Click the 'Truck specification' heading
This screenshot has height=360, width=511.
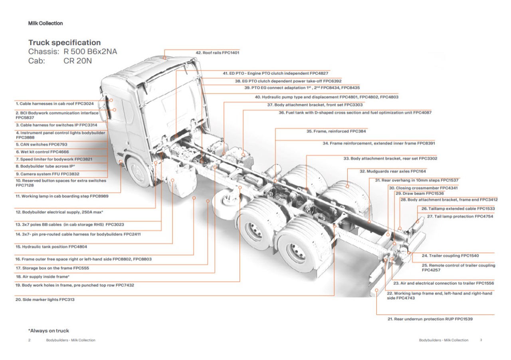[x=64, y=42]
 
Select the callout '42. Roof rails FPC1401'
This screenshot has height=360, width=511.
[x=217, y=52]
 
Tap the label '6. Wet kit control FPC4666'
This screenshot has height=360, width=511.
[x=42, y=152]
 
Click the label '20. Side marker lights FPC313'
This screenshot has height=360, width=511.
[x=45, y=299]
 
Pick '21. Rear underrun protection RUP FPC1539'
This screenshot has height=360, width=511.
[x=430, y=319]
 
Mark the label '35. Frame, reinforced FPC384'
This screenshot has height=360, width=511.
[x=336, y=131]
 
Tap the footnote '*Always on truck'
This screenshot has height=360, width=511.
[x=48, y=331]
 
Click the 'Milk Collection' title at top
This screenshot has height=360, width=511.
[x=46, y=23]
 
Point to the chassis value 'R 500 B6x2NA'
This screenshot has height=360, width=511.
[x=90, y=52]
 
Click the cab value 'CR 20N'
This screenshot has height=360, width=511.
[x=78, y=61]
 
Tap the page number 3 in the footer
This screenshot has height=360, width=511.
[x=481, y=340]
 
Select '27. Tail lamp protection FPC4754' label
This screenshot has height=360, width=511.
[x=460, y=216]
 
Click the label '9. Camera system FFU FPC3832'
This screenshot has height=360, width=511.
[x=48, y=174]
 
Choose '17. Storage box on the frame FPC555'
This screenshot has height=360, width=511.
[x=49, y=268]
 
